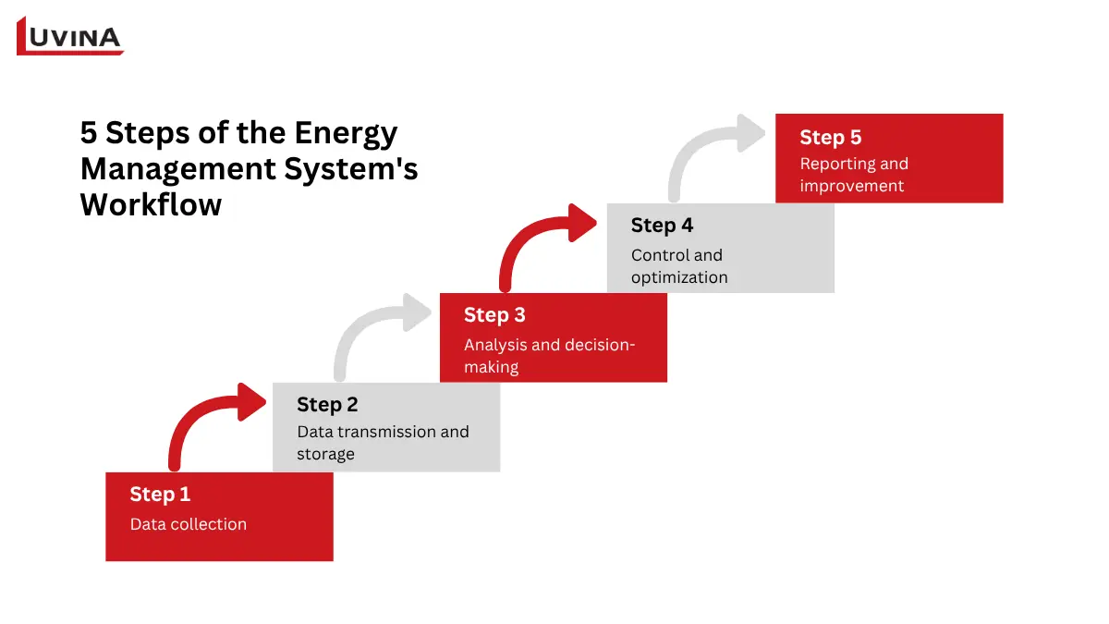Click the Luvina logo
(70, 37)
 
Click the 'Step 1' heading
(160, 495)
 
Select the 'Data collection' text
(188, 524)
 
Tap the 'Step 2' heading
(327, 405)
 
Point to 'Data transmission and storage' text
(382, 443)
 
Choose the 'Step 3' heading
(494, 315)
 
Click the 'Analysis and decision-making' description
(549, 356)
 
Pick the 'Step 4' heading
(662, 226)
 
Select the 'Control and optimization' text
(678, 266)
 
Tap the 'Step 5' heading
(830, 138)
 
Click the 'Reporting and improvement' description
(853, 175)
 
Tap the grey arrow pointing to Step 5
(707, 153)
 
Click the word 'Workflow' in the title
(151, 204)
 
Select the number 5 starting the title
(89, 134)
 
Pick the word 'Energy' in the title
(346, 134)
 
